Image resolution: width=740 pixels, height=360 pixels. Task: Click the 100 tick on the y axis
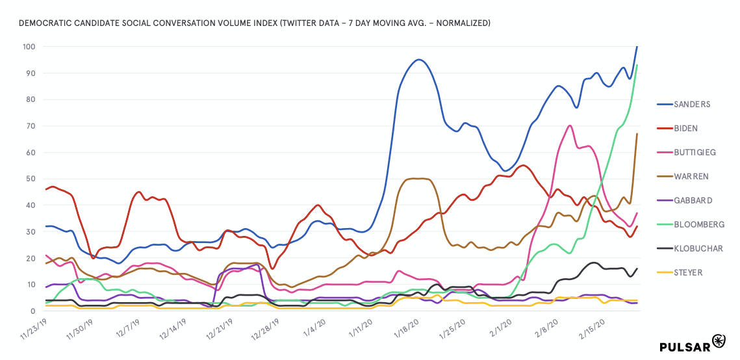coord(29,47)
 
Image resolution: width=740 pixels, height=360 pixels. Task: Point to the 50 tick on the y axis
coord(31,179)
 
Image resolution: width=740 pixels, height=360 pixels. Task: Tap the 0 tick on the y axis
coord(33,311)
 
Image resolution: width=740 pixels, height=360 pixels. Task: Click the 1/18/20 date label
coord(407,329)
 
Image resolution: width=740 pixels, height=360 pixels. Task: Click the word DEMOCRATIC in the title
coord(45,23)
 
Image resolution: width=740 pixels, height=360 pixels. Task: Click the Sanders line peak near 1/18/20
coord(419,60)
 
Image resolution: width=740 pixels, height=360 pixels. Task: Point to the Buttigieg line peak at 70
coord(570,125)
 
